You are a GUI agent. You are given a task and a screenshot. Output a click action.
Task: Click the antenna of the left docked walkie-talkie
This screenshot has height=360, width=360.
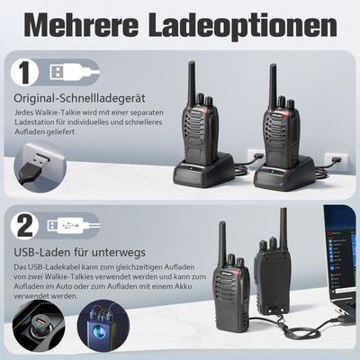point(192,81)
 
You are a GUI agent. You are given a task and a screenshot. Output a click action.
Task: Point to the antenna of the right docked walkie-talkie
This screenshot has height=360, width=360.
point(273,81)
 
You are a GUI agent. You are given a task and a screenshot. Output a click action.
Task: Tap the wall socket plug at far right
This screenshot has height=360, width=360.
point(337,161)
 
